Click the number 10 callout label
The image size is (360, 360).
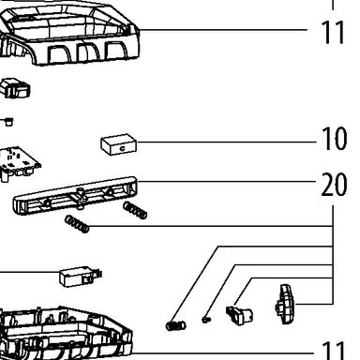pyautogui.click(x=334, y=139)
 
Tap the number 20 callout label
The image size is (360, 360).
pyautogui.click(x=334, y=184)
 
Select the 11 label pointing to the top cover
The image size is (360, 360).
pyautogui.click(x=333, y=32)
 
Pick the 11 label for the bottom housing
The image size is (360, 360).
pyautogui.click(x=334, y=351)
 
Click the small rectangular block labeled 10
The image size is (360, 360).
pyautogui.click(x=119, y=144)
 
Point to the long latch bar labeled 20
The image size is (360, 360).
pyautogui.click(x=75, y=195)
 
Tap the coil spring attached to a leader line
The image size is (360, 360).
pyautogui.click(x=77, y=224)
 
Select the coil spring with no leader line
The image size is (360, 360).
pyautogui.click(x=135, y=210)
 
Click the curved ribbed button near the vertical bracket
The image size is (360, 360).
pyautogui.click(x=285, y=304)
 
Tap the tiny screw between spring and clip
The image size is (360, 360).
pyautogui.click(x=205, y=320)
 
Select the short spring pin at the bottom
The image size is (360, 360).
pyautogui.click(x=175, y=325)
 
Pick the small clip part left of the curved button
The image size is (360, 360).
pyautogui.click(x=239, y=315)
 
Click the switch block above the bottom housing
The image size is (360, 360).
pyautogui.click(x=81, y=276)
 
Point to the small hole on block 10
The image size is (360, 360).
pyautogui.click(x=122, y=148)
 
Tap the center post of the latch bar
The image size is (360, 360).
pyautogui.click(x=80, y=197)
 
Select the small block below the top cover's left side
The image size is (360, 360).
pyautogui.click(x=16, y=88)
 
